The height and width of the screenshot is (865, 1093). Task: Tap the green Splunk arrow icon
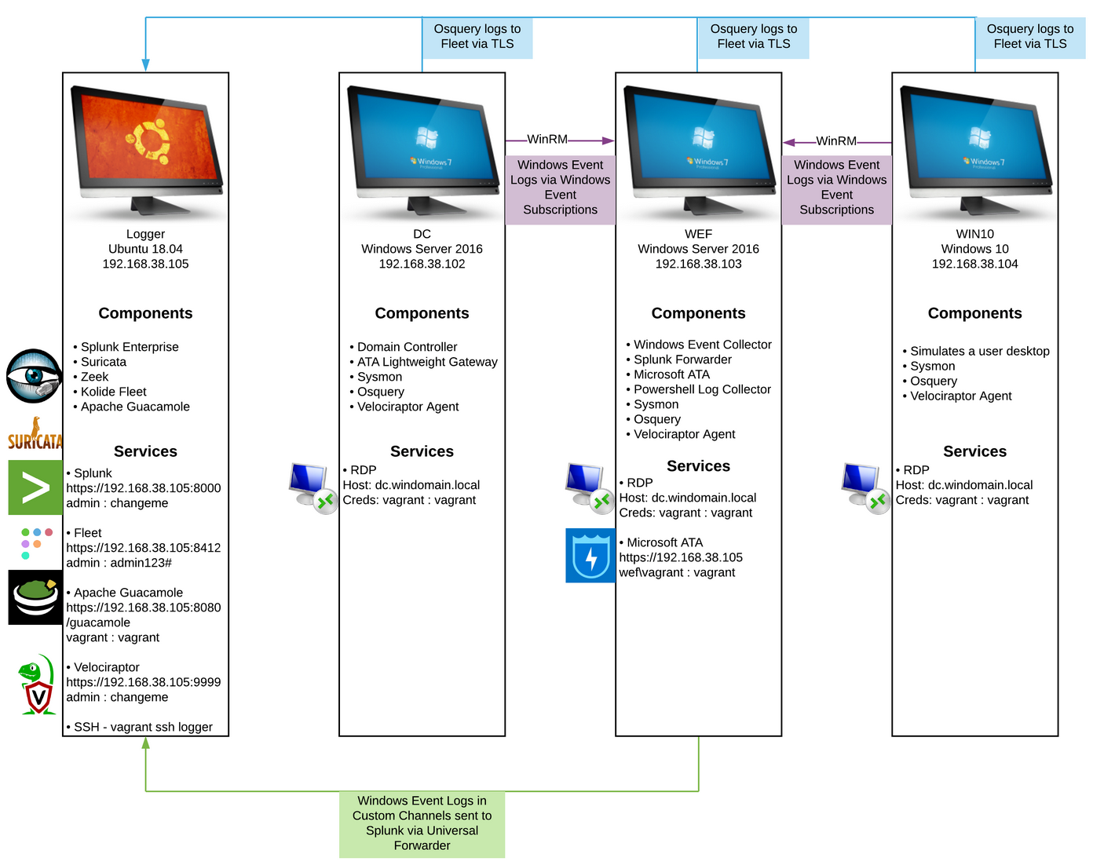point(35,487)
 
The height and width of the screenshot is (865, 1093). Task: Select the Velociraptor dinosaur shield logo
point(37,685)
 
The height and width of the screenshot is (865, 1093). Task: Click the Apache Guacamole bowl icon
point(35,597)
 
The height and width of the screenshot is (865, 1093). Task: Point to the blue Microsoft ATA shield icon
point(590,556)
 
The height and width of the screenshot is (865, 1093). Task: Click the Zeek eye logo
point(34,376)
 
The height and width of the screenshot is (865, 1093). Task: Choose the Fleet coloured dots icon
point(36,543)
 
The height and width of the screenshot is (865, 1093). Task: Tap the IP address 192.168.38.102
point(422,264)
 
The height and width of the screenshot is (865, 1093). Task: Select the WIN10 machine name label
point(974,234)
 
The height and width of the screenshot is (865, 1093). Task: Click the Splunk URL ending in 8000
point(144,488)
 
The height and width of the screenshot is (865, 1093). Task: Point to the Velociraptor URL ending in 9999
point(144,682)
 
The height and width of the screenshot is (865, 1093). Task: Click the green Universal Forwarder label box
point(422,823)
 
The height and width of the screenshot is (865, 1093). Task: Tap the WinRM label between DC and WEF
point(547,140)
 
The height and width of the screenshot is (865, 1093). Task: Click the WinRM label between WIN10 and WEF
point(836,141)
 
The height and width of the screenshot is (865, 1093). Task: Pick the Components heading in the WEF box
point(698,313)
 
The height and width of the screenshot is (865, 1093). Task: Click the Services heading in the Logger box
point(145,451)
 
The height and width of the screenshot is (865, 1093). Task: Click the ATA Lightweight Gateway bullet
point(427,362)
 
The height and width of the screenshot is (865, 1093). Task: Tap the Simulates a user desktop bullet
point(979,351)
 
